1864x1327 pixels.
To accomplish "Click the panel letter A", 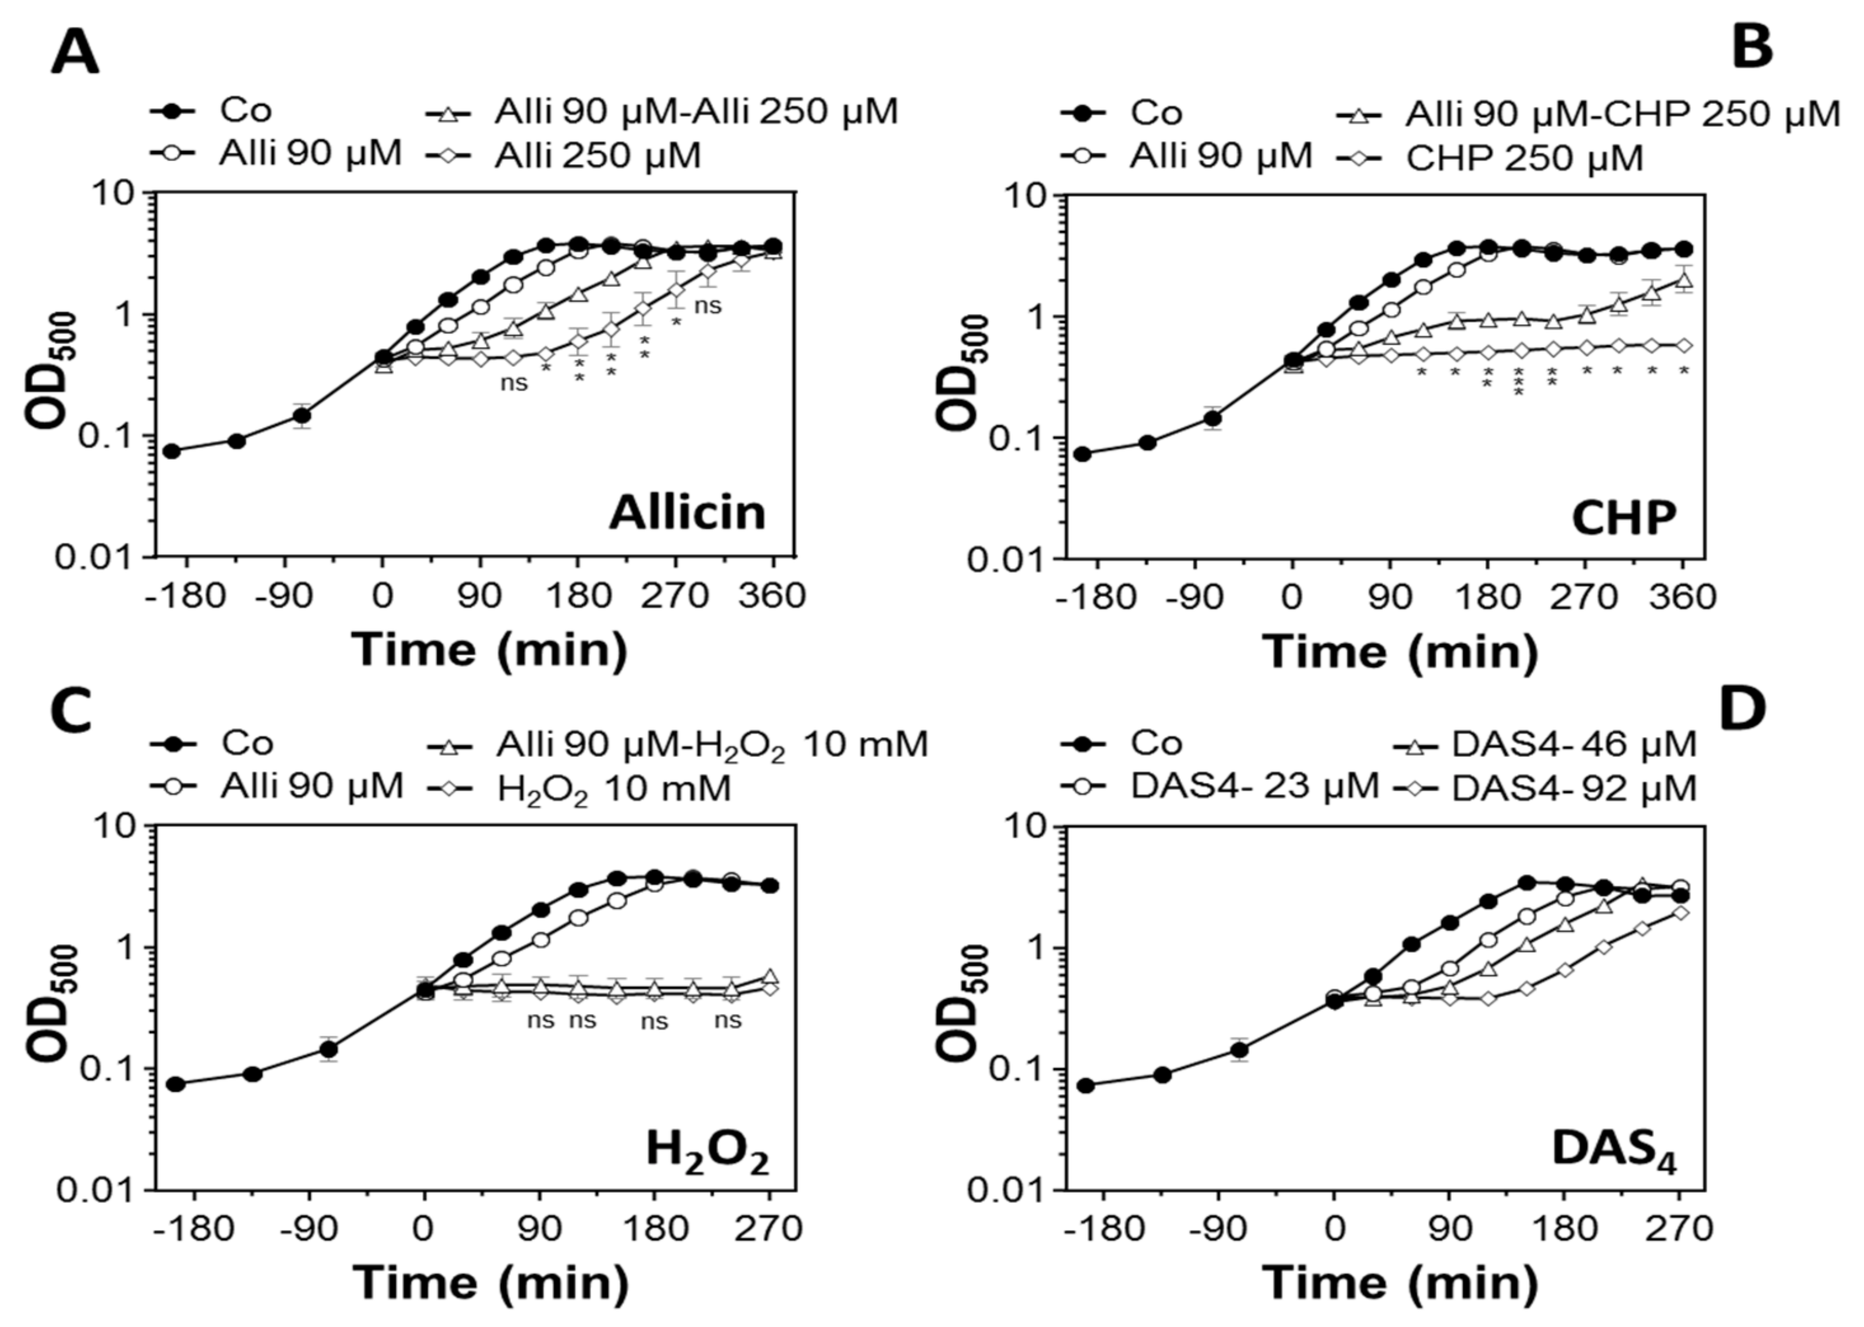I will [74, 54].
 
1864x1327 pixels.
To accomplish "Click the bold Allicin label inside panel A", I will [687, 514].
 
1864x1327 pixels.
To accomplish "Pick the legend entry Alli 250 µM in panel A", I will [597, 155].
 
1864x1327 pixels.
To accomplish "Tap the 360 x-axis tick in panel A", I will [772, 596].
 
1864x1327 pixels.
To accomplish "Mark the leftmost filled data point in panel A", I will [172, 451].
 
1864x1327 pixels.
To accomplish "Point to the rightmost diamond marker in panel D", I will [1680, 913].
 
